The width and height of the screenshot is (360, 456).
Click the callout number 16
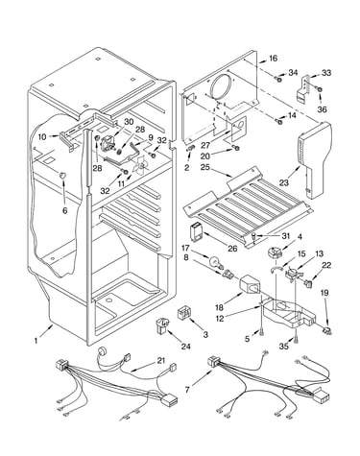(x=273, y=59)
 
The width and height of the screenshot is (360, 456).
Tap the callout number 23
(x=283, y=182)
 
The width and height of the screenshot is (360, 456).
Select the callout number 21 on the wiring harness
(x=160, y=361)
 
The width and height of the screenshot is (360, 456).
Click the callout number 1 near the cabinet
(x=36, y=341)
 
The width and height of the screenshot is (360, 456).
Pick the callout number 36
(x=323, y=109)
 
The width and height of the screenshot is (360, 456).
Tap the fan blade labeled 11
(x=139, y=165)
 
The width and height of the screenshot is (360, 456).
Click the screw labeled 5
(x=262, y=333)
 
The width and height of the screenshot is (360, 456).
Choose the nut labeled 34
(x=278, y=78)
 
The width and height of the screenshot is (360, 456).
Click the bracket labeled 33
(x=304, y=87)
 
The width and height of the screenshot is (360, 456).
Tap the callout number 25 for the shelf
(x=205, y=167)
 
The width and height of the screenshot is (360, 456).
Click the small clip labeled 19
(x=327, y=331)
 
